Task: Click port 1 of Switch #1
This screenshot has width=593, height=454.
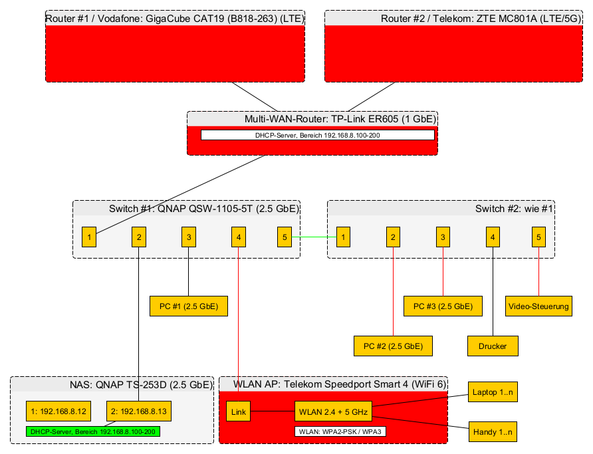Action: coord(90,237)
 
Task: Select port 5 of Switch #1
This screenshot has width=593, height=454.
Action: coord(284,237)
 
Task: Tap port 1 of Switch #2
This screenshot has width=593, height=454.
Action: coord(343,237)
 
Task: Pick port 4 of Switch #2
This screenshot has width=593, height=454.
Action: coord(492,237)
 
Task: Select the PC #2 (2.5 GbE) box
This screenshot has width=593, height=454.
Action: coord(393,346)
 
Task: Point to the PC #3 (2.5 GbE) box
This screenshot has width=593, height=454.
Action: coord(443,306)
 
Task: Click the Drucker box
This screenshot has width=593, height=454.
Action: coord(493,346)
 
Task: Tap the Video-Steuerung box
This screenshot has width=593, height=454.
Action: coord(538,306)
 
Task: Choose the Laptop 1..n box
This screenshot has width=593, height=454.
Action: coord(493,392)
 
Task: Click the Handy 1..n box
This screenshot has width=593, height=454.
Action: coord(493,432)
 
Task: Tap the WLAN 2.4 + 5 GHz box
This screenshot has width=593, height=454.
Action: coord(332,412)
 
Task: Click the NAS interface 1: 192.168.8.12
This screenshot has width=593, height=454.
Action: coord(59,412)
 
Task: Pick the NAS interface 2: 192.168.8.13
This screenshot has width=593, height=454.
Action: coord(139,412)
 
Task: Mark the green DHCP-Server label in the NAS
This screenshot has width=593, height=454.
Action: coord(92,431)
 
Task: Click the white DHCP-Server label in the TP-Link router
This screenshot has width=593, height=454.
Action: coord(317,135)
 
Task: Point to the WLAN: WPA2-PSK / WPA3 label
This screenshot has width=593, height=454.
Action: coord(340,431)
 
